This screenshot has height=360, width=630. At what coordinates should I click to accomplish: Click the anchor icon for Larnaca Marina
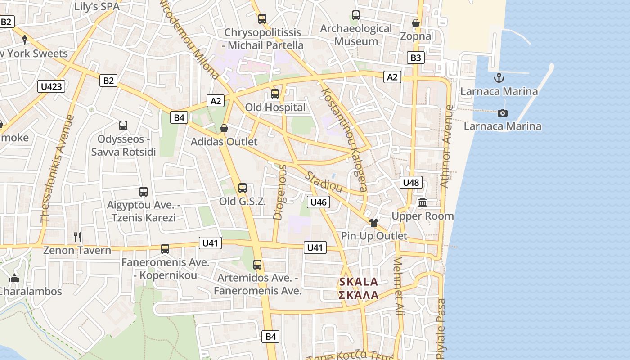(499, 78)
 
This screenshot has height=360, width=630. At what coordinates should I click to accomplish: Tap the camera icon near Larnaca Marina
(503, 113)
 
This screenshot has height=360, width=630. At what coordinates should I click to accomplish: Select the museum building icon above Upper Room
(423, 203)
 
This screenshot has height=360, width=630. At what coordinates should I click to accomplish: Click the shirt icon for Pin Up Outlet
(373, 222)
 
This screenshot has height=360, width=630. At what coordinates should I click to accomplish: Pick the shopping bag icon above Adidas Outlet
(224, 129)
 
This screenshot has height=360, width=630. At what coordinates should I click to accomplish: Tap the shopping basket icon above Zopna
(416, 23)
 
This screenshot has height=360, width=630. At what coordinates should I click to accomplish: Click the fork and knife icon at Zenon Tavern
(77, 237)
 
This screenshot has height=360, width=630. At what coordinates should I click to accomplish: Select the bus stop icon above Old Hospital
(274, 94)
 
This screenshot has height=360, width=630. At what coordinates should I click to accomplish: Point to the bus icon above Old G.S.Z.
(243, 188)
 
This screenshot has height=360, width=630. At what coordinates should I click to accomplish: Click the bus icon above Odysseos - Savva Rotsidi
(123, 126)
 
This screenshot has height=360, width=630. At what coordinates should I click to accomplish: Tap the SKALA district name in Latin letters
(359, 282)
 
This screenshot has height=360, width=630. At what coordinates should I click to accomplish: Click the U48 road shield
(411, 182)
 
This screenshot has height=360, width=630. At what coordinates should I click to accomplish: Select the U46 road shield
(318, 202)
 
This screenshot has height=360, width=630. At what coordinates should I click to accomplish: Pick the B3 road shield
(416, 58)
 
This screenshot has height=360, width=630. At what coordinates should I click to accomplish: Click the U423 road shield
(51, 86)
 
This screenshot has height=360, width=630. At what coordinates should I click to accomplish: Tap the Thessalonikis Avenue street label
(57, 169)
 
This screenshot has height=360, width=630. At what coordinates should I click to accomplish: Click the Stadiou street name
(324, 182)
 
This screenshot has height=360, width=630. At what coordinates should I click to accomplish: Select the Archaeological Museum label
(356, 35)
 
